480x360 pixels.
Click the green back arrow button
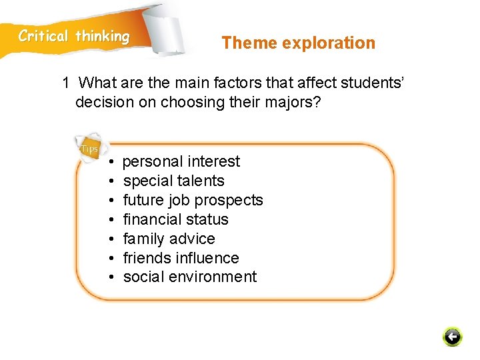452,337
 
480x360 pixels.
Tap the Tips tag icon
89,148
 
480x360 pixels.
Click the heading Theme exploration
298,43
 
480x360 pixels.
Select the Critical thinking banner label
74,37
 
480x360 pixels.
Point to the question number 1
66,83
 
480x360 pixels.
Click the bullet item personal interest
181,161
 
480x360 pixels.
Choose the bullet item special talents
173,181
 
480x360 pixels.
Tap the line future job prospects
193,200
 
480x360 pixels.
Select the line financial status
175,219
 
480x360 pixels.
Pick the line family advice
169,239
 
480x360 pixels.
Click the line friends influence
181,258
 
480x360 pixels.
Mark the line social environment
189,277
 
